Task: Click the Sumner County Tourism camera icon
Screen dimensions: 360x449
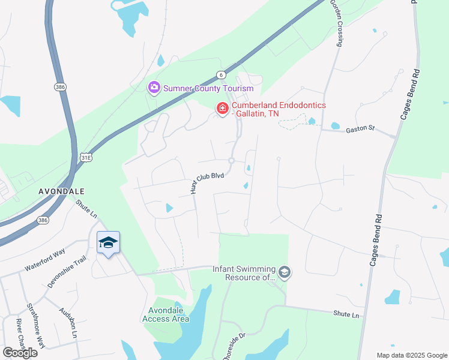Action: tap(154, 88)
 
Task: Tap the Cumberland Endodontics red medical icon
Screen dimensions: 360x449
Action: tap(223, 109)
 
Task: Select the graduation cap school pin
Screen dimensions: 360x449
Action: tap(108, 243)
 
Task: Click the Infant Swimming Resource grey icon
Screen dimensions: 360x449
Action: tap(285, 273)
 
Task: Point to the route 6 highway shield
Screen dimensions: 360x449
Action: tap(221, 74)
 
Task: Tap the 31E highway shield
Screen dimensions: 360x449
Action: tap(86, 157)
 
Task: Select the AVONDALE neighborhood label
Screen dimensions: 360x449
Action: tap(61, 191)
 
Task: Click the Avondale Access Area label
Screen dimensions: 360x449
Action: tap(166, 314)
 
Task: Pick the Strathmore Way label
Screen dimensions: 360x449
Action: tap(36, 326)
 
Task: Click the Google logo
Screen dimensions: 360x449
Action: tap(20, 353)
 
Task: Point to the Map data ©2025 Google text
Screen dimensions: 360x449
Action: tap(411, 355)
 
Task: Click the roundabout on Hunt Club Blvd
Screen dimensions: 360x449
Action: tap(231, 160)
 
